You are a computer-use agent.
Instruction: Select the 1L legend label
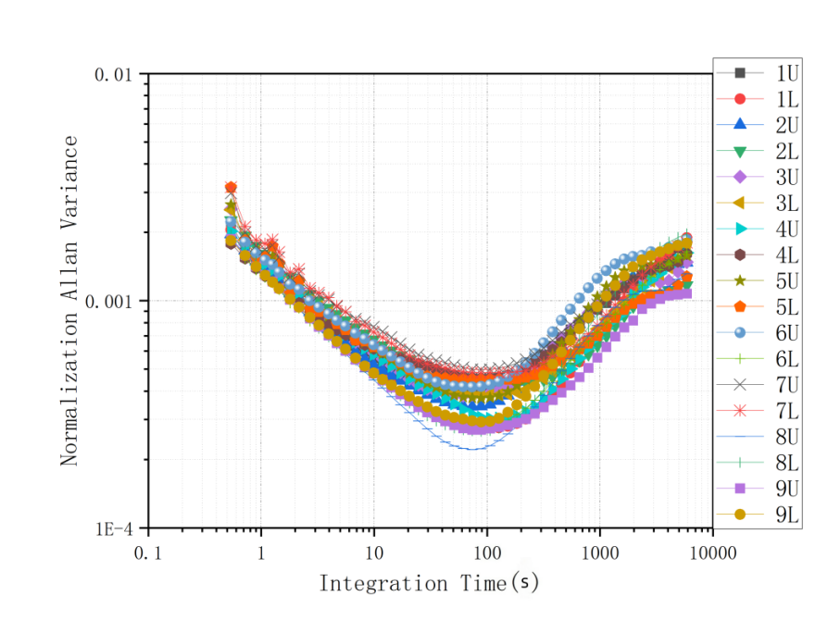pos(787,98)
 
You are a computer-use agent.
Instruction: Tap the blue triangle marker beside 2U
pos(739,124)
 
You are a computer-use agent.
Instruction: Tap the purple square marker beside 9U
pos(739,488)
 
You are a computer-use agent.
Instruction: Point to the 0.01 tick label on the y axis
pos(114,74)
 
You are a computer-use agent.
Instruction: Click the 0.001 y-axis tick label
pos(110,301)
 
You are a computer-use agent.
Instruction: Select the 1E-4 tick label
pos(115,528)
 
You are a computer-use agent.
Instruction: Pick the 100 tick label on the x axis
pos(486,552)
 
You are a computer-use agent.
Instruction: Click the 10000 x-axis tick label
pos(711,552)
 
